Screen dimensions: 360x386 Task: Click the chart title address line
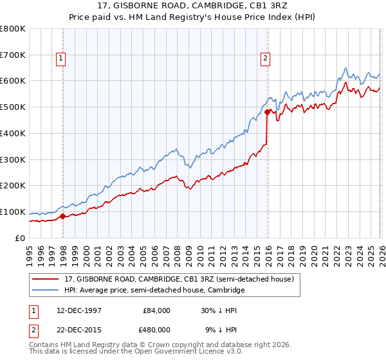193,6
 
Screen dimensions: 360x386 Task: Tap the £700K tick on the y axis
14,55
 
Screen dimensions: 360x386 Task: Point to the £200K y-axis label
14,186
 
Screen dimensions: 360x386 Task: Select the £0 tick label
21,238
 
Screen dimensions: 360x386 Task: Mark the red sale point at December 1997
63,216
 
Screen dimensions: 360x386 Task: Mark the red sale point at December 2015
266,113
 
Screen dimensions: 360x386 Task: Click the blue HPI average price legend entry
154,291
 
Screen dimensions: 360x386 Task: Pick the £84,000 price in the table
156,310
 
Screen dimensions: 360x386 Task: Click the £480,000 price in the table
156,329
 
